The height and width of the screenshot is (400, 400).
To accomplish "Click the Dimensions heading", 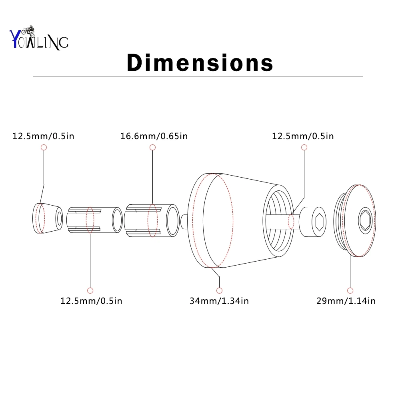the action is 200,62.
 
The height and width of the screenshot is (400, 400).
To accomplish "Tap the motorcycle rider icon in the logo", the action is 28,31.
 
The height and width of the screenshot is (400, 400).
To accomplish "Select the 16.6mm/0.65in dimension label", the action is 154,136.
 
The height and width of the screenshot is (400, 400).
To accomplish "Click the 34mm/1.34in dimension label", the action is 219,301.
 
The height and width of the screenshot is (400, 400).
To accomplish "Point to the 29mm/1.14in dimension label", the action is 346,301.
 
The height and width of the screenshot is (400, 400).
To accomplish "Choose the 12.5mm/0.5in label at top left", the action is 43,136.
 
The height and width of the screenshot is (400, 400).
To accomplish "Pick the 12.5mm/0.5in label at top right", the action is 303,136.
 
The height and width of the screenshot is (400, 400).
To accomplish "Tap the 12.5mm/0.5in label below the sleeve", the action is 91,301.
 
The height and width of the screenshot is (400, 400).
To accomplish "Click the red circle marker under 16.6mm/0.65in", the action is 152,147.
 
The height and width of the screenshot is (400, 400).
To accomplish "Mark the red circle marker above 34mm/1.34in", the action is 219,290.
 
